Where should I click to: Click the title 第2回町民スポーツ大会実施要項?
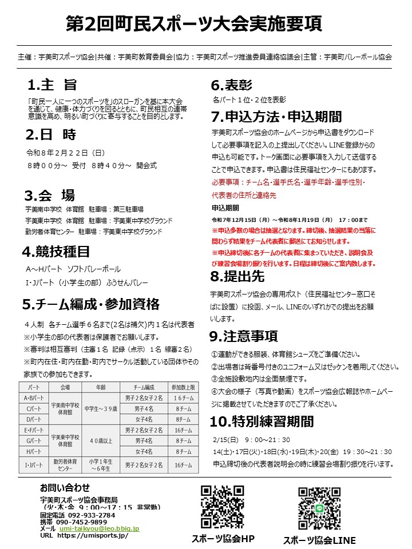194,23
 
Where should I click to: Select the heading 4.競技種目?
56,251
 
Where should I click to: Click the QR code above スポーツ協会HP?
223,507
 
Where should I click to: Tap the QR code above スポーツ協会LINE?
319,508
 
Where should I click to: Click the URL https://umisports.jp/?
92,536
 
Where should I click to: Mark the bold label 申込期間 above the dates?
225,208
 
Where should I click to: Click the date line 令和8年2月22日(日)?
65,153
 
